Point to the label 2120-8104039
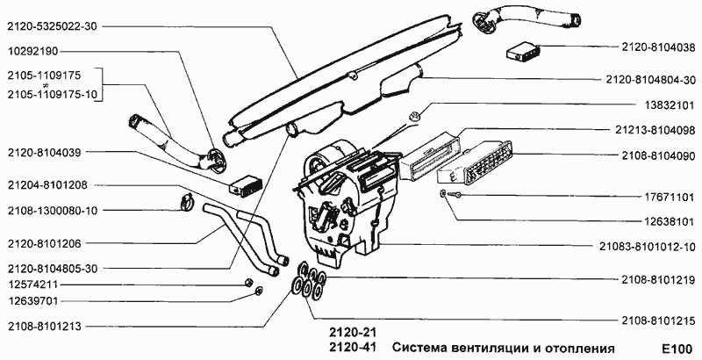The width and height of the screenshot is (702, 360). point(43,152)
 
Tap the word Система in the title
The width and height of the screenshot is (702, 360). point(420,347)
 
